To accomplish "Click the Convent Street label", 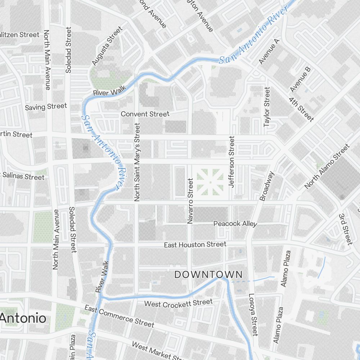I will click(145, 114).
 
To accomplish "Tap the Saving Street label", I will click(46, 107).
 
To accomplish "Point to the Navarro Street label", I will click(190, 201).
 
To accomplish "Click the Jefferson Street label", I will click(231, 161).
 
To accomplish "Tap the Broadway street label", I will click(267, 186).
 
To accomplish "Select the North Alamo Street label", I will click(327, 166).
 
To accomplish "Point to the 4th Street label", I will click(301, 108).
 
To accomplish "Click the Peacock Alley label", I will click(235, 224).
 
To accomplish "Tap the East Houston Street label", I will click(195, 245).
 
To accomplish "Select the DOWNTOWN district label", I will click(208, 275).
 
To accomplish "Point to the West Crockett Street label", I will click(178, 303).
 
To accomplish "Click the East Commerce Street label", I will click(119, 316).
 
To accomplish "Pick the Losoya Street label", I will click(253, 315).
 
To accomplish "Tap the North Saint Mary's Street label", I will click(137, 162).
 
